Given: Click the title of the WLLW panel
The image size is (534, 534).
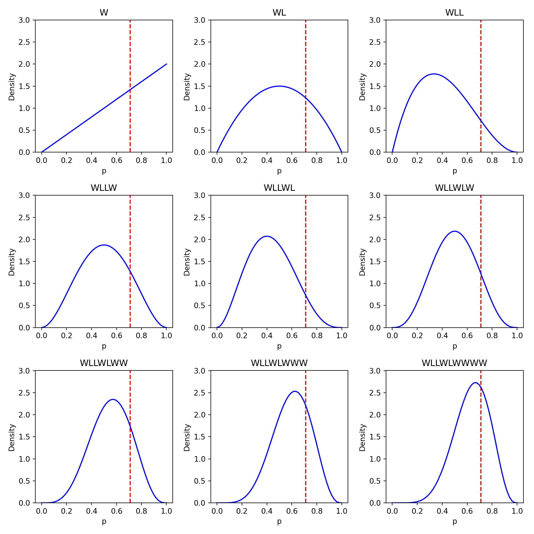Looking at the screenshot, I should [104, 188].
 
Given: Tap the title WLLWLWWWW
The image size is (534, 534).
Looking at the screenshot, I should [454, 363].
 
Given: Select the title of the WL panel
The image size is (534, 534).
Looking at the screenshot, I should [279, 13].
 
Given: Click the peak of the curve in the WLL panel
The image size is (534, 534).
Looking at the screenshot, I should [434, 74].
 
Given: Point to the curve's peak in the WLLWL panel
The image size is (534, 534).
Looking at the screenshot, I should [267, 236].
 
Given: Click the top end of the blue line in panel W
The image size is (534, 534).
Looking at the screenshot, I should [166, 64].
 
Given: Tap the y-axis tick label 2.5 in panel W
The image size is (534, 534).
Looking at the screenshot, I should [24, 42].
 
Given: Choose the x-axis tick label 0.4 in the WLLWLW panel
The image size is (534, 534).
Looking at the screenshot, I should [442, 335].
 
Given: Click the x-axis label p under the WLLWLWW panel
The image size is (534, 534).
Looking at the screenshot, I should [104, 521].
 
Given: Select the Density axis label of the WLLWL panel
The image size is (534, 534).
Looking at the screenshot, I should [187, 262].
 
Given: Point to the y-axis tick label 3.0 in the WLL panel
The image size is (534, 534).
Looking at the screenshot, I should [375, 20].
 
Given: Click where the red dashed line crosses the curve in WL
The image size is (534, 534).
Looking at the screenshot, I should [305, 98].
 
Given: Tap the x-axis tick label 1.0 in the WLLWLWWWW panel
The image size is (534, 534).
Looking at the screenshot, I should [517, 511].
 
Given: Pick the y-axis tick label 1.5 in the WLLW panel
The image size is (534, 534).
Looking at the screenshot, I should [24, 261].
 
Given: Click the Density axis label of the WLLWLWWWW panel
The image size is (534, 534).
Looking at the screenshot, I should [362, 437].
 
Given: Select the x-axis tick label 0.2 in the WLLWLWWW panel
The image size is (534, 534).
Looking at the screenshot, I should [242, 511].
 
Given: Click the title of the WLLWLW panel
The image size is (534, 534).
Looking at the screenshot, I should [454, 188].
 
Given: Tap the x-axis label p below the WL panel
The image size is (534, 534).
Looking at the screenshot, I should [279, 171].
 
